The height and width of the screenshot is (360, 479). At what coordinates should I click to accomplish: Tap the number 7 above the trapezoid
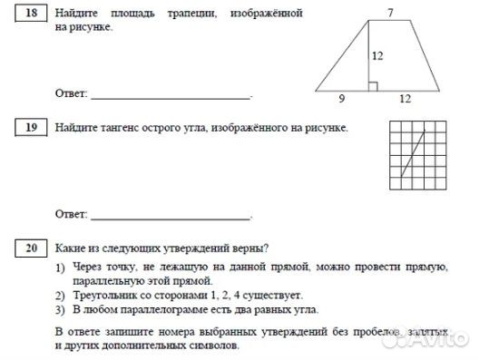390,12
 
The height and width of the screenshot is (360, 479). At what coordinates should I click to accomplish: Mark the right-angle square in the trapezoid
372,86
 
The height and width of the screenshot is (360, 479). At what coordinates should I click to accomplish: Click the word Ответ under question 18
71,94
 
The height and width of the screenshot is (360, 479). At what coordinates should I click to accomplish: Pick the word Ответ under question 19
71,215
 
